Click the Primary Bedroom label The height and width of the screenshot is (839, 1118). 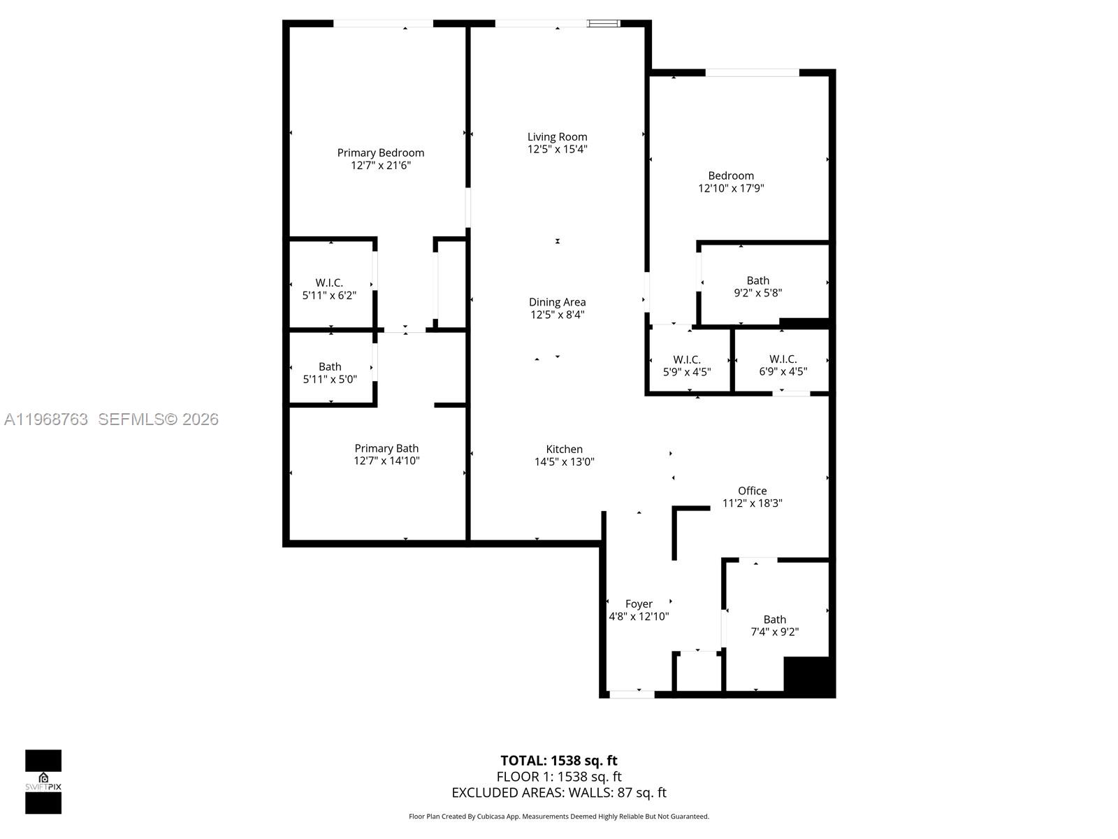380,152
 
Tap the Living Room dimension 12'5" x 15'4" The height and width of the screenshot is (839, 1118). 557,149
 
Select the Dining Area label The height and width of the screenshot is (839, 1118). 557,302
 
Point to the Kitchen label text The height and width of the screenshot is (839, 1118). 564,449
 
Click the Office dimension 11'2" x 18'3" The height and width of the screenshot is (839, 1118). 752,503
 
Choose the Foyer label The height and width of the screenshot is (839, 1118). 639,603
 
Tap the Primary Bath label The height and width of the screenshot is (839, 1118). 386,448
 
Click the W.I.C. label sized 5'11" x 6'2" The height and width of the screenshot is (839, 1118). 329,282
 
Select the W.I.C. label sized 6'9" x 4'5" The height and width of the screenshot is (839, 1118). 783,359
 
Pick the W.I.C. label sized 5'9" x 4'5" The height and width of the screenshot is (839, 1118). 687,359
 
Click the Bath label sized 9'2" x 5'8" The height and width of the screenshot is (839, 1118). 757,280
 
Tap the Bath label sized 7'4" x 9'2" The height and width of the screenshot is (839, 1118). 774,619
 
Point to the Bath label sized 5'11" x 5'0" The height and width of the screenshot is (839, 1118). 330,366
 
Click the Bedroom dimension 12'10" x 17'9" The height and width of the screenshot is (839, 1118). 731,188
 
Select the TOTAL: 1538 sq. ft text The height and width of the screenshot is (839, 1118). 558,760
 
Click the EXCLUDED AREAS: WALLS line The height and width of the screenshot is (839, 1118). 558,792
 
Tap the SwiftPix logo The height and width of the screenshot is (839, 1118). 43,782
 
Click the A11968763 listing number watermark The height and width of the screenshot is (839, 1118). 46,419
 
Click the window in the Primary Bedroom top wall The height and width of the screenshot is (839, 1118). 383,24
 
